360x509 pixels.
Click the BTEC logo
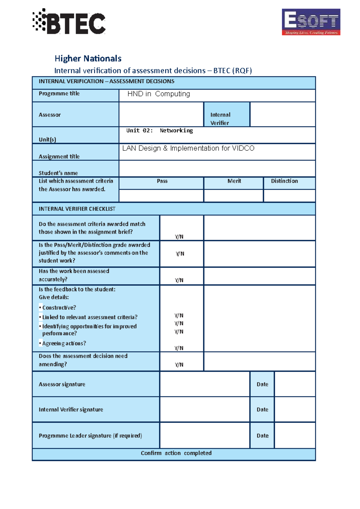(x=69, y=22)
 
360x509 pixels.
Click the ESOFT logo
(x=311, y=22)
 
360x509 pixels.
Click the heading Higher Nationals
(x=88, y=58)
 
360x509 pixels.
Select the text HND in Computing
(x=158, y=94)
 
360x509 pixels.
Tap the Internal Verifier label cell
(x=226, y=118)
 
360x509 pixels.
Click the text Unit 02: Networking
(x=159, y=130)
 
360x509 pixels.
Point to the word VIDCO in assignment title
(x=243, y=148)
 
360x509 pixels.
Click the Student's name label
(x=58, y=173)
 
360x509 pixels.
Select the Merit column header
(x=234, y=181)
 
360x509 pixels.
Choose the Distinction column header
(x=284, y=181)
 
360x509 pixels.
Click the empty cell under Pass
(x=161, y=196)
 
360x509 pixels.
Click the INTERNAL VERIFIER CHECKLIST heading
(x=77, y=209)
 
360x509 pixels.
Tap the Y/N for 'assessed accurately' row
(x=179, y=280)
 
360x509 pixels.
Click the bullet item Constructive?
(x=59, y=308)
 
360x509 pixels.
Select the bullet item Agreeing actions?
(x=64, y=343)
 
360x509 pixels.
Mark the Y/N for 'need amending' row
(x=179, y=365)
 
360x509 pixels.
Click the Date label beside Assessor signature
(x=262, y=384)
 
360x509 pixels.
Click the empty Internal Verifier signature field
(x=205, y=409)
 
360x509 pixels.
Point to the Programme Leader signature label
(x=90, y=436)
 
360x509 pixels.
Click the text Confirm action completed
(x=176, y=453)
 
